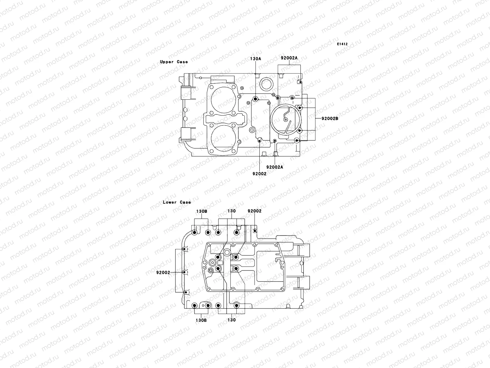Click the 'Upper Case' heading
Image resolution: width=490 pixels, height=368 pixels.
coord(174,62)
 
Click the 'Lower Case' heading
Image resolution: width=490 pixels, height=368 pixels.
coord(176,202)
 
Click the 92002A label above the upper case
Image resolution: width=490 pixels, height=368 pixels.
coord(289,58)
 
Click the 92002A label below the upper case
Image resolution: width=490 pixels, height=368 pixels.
coord(275,167)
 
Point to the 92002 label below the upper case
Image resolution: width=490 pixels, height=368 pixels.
coord(259,174)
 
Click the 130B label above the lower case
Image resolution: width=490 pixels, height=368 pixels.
coord(202,211)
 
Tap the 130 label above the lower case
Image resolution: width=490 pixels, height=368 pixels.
coord(232,211)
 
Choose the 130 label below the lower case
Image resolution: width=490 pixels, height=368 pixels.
coord(232,320)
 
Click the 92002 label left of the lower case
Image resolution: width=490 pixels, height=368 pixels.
coord(163,272)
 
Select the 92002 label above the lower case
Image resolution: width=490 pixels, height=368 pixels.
coord(254,211)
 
